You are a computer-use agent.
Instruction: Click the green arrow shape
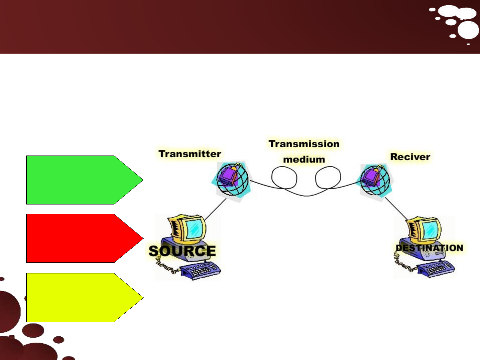tap(85, 180)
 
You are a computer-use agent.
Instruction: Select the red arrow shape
tap(85, 238)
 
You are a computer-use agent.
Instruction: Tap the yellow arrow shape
tap(85, 297)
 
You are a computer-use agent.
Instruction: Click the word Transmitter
tap(190, 154)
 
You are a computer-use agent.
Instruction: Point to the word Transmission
tap(304, 144)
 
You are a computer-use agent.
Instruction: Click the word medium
tap(304, 160)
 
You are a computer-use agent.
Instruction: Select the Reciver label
tap(410, 157)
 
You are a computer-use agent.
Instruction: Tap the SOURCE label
tap(182, 251)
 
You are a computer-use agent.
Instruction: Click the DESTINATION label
tap(429, 248)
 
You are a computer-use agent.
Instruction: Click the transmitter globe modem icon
tap(232, 180)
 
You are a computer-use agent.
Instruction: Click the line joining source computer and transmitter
tap(215, 209)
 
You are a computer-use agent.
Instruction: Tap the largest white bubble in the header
tap(468, 30)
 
